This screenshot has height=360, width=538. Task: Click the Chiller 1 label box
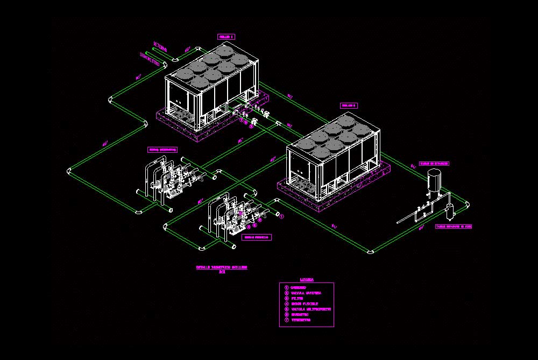click(x=226, y=37)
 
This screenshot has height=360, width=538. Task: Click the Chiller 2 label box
click(x=348, y=105)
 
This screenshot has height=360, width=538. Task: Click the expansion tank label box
click(x=434, y=164)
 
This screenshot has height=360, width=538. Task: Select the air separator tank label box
click(x=454, y=227)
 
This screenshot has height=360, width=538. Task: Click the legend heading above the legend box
click(x=307, y=280)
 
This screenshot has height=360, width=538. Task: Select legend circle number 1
click(x=286, y=287)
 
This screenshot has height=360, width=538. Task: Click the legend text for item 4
click(x=304, y=304)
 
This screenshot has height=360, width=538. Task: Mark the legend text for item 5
click(x=311, y=309)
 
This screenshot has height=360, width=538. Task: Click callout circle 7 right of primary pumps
click(x=281, y=216)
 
